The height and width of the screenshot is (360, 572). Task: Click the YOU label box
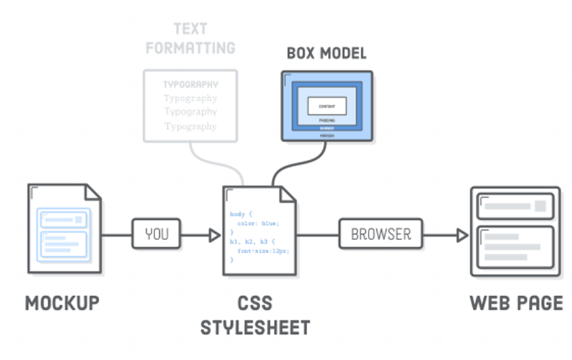coord(157,234)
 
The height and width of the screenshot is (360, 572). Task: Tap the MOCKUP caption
coord(62,303)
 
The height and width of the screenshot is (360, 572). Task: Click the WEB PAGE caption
coord(515,303)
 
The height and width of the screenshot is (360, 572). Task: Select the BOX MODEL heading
coord(327,53)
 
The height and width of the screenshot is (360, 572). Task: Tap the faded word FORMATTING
coord(190,48)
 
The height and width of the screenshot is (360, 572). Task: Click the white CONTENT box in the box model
coord(327,105)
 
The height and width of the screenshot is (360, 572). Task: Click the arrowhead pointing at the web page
coord(462,235)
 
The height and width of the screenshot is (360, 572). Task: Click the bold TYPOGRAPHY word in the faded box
coord(190,85)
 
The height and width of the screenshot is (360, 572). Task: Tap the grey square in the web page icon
coord(540,207)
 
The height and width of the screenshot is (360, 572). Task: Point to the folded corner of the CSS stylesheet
coord(287,194)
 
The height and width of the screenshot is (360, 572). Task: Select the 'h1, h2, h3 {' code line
coord(252,241)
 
